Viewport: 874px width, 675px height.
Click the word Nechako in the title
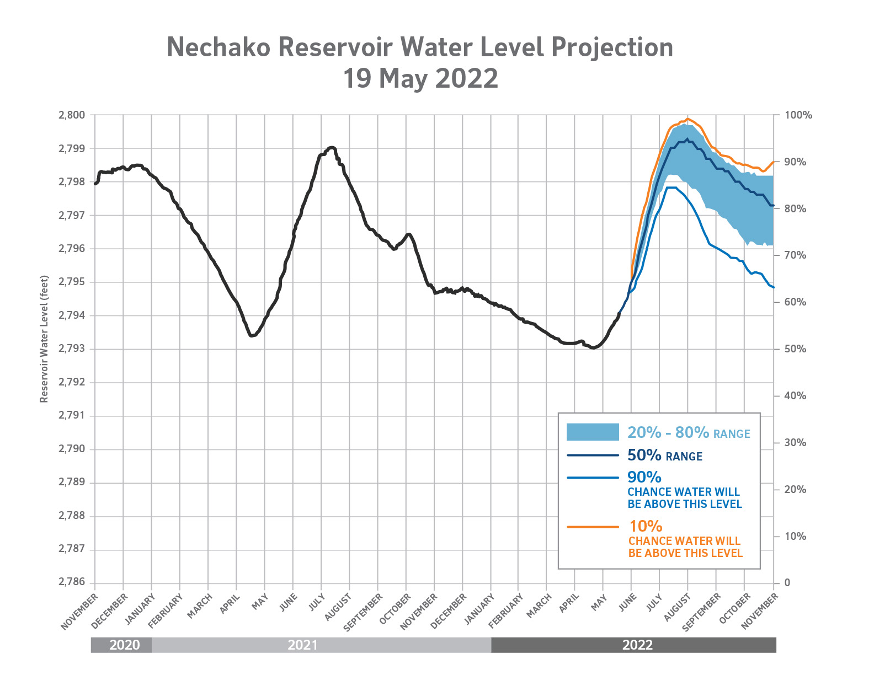point(218,47)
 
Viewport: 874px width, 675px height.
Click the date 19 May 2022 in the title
point(420,78)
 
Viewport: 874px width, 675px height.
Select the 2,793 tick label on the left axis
point(72,349)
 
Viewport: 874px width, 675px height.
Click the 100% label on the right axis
point(798,115)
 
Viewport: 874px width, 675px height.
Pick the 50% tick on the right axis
point(795,349)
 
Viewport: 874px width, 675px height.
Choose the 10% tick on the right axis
point(795,536)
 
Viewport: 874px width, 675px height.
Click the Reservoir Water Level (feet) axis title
point(45,339)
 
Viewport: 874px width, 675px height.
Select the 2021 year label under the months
point(302,645)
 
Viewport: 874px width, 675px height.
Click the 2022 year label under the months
point(637,645)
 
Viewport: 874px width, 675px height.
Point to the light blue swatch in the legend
point(593,432)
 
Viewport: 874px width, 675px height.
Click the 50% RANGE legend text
point(664,456)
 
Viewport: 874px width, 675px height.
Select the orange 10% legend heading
point(646,527)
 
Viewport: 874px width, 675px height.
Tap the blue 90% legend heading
point(644,477)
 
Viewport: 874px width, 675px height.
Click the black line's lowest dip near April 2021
point(252,335)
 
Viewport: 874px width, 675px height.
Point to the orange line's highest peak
point(688,118)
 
